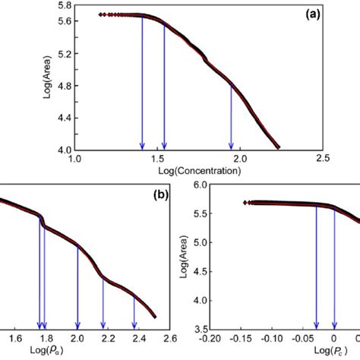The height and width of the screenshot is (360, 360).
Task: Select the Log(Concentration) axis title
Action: click(x=197, y=171)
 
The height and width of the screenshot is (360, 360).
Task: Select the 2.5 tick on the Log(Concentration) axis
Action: click(x=322, y=159)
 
